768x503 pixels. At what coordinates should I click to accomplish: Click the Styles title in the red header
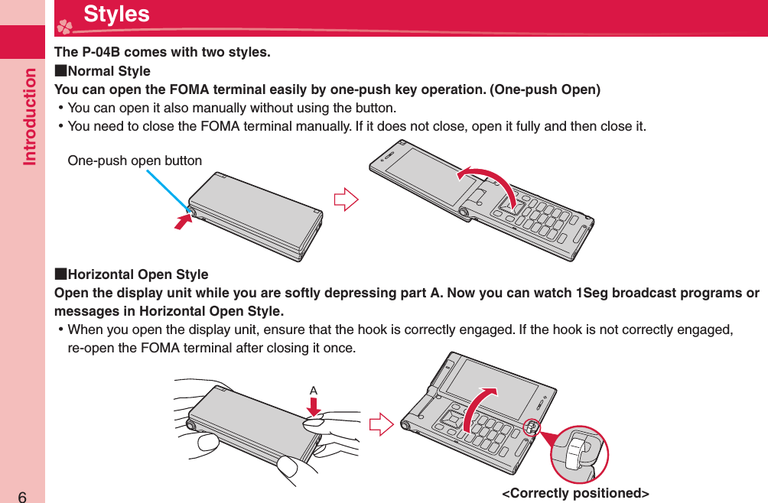(116, 15)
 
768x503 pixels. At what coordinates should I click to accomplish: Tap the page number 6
(22, 495)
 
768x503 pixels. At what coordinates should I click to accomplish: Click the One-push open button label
(135, 161)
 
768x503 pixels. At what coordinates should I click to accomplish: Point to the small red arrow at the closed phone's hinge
(182, 222)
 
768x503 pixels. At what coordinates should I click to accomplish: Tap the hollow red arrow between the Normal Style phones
(347, 202)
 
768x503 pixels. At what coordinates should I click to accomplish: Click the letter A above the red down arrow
(313, 391)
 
